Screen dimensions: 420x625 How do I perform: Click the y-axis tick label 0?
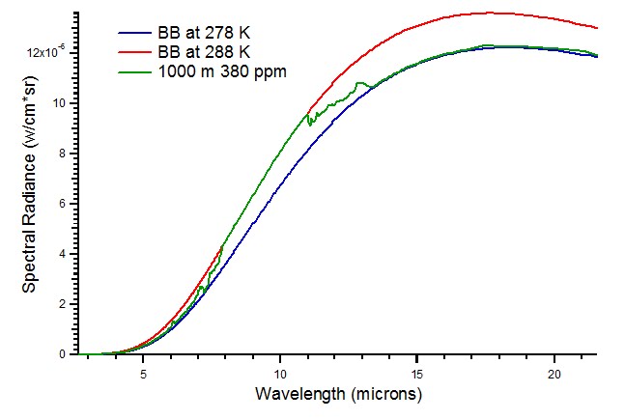click(x=62, y=354)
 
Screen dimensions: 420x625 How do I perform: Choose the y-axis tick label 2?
click(x=62, y=304)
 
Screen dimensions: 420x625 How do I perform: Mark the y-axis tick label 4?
click(x=62, y=254)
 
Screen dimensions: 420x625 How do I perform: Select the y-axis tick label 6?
click(x=62, y=204)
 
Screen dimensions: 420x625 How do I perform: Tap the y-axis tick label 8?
click(x=62, y=154)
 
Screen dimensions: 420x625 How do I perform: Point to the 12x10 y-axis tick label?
click(x=48, y=52)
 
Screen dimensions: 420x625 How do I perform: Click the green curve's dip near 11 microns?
click(x=309, y=124)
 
